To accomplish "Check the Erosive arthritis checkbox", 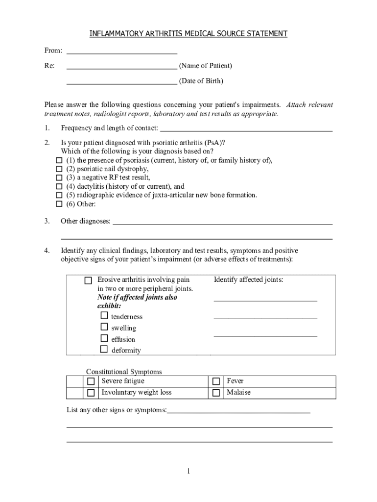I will [88, 281].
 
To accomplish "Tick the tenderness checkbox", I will [104, 316].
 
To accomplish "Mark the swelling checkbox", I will [104, 327].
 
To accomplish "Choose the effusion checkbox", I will [104, 338].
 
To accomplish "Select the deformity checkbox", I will [104, 350].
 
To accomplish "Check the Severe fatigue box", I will [91, 381].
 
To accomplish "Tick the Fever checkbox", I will [216, 381].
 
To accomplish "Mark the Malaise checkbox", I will [216, 393].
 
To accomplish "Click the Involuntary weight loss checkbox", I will [91, 393].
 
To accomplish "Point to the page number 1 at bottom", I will [188, 472].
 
